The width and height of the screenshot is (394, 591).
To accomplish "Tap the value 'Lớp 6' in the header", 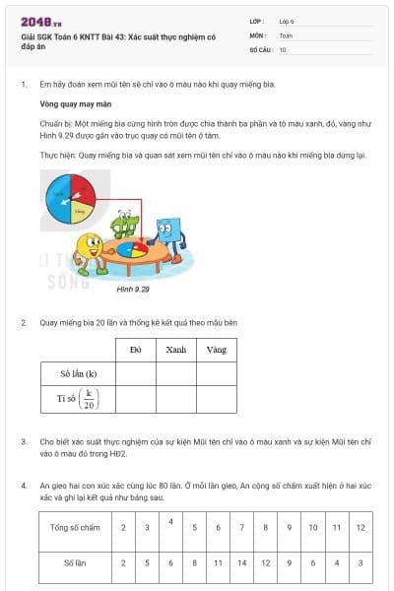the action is [288, 21].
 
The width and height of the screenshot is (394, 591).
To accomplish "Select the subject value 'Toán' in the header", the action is [286, 34].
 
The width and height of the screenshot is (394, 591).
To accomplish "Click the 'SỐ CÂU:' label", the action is [262, 48].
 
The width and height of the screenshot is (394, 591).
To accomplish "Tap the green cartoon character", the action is [125, 224].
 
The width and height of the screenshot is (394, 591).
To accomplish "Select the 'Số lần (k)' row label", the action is [78, 373].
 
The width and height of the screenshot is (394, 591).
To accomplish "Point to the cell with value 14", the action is [241, 562].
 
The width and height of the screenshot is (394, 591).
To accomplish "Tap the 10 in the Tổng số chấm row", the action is [312, 528].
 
